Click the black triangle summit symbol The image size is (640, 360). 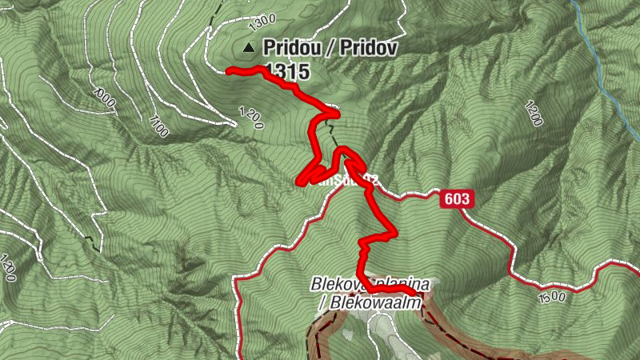click(x=250, y=48)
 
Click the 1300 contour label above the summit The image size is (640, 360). click(x=262, y=18)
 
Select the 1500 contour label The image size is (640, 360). click(x=552, y=298)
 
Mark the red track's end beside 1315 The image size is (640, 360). click(x=228, y=71)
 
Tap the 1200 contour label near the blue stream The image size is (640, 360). click(x=533, y=114)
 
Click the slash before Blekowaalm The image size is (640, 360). click(x=322, y=302)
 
